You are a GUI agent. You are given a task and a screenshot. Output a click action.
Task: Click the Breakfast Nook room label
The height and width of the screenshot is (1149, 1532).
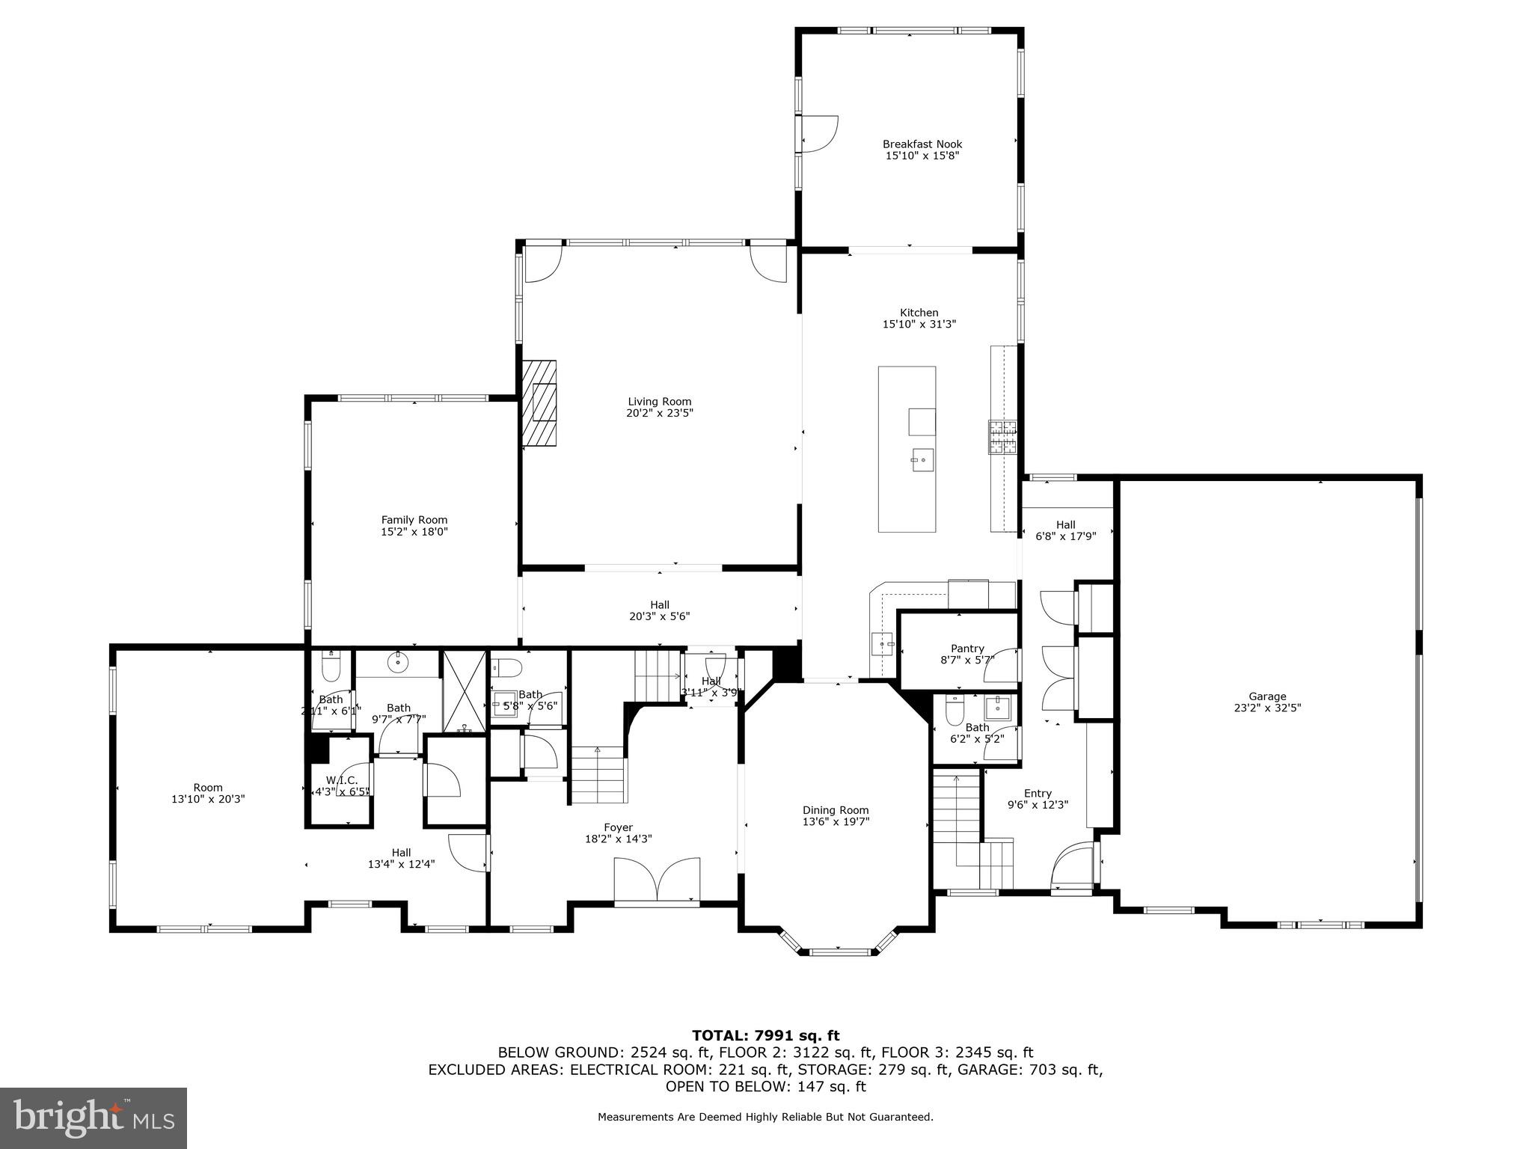pyautogui.click(x=922, y=144)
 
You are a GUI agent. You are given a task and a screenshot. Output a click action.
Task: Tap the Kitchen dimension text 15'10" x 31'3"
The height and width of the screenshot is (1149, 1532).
pyautogui.click(x=919, y=324)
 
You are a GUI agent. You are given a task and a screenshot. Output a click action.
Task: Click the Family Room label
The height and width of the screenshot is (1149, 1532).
pyautogui.click(x=414, y=520)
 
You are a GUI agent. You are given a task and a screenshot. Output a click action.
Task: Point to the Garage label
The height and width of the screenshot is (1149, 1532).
pyautogui.click(x=1267, y=696)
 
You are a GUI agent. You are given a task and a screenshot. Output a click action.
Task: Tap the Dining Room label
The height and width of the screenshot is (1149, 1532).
pyautogui.click(x=836, y=809)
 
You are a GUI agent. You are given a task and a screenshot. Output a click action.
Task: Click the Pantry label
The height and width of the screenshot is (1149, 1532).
pyautogui.click(x=967, y=649)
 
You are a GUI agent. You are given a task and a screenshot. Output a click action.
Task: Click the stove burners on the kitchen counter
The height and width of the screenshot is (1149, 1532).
pyautogui.click(x=1003, y=438)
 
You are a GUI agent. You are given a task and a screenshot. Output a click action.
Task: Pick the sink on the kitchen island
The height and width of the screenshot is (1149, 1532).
pyautogui.click(x=922, y=457)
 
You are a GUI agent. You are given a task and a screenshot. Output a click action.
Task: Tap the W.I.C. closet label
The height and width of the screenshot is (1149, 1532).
pyautogui.click(x=342, y=780)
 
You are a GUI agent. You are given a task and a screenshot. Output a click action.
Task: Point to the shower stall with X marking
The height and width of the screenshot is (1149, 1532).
pyautogui.click(x=464, y=689)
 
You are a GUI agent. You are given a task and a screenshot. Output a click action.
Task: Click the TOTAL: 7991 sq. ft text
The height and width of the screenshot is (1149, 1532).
pyautogui.click(x=765, y=1035)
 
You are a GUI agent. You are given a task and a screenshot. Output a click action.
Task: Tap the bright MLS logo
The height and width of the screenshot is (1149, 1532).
pyautogui.click(x=94, y=1118)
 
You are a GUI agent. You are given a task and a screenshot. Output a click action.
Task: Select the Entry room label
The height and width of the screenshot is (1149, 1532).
pyautogui.click(x=1038, y=793)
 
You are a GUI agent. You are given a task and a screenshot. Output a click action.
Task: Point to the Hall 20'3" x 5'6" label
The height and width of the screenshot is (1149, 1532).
pyautogui.click(x=659, y=604)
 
